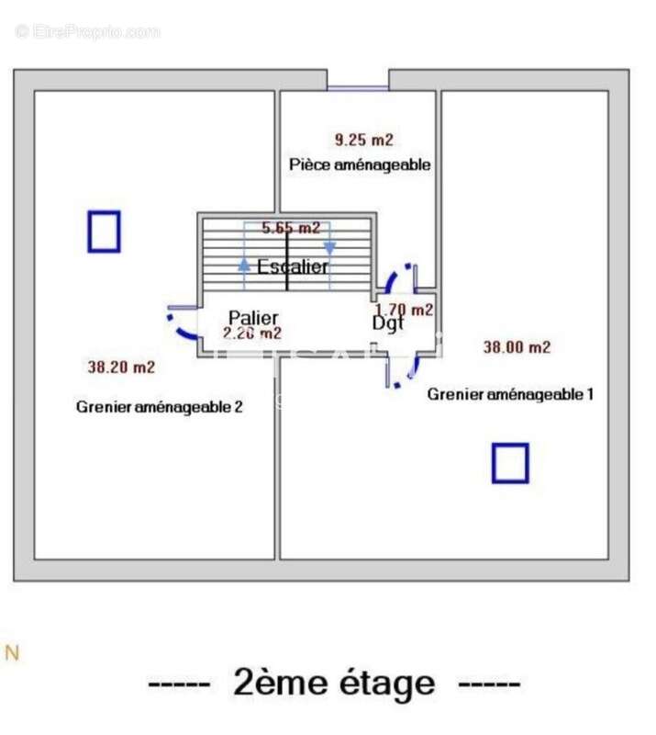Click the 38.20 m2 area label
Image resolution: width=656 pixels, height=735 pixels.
tap(121, 367)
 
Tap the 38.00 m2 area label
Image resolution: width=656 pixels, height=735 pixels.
tap(517, 347)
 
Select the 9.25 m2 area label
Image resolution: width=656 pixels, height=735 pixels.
tap(363, 141)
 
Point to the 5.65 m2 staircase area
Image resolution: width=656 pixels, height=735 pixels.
tap(291, 229)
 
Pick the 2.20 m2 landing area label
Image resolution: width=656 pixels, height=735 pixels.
tap(252, 334)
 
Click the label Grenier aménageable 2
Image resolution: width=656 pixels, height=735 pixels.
tap(160, 407)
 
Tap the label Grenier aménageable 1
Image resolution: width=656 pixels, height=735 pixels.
tap(511, 394)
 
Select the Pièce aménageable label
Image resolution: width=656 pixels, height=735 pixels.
tap(360, 165)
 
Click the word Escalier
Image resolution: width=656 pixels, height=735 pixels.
tap(293, 267)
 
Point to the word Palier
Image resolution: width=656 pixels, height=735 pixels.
tap(253, 318)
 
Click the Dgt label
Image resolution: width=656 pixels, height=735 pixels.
tap(388, 323)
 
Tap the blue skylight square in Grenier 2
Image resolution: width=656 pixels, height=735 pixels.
tap(105, 232)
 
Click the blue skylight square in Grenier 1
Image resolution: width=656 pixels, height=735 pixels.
tap(510, 463)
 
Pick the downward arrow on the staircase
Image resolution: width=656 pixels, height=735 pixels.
tap(329, 248)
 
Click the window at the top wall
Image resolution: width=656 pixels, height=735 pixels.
tap(358, 88)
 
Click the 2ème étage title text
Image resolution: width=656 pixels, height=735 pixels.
tap(334, 684)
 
